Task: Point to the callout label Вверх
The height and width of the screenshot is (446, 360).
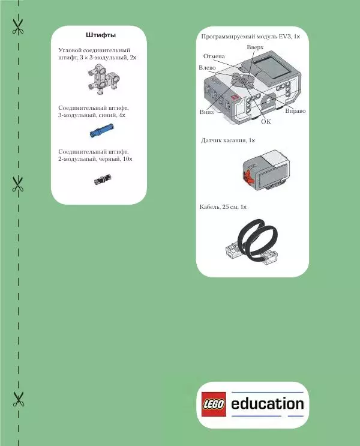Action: click(255, 47)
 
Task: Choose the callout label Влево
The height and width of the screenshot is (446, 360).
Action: click(207, 68)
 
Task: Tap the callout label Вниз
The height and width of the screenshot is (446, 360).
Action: click(206, 112)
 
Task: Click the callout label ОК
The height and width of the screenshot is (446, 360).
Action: click(266, 121)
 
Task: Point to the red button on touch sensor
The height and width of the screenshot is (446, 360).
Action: click(246, 176)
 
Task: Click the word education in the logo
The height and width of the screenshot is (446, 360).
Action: click(267, 403)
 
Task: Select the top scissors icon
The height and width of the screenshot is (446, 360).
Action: click(18, 26)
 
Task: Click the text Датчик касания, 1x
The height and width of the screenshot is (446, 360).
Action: click(227, 140)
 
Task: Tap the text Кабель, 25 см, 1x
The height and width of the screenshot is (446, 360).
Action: click(223, 206)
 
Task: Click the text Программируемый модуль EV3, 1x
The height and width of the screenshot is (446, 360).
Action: click(250, 37)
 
